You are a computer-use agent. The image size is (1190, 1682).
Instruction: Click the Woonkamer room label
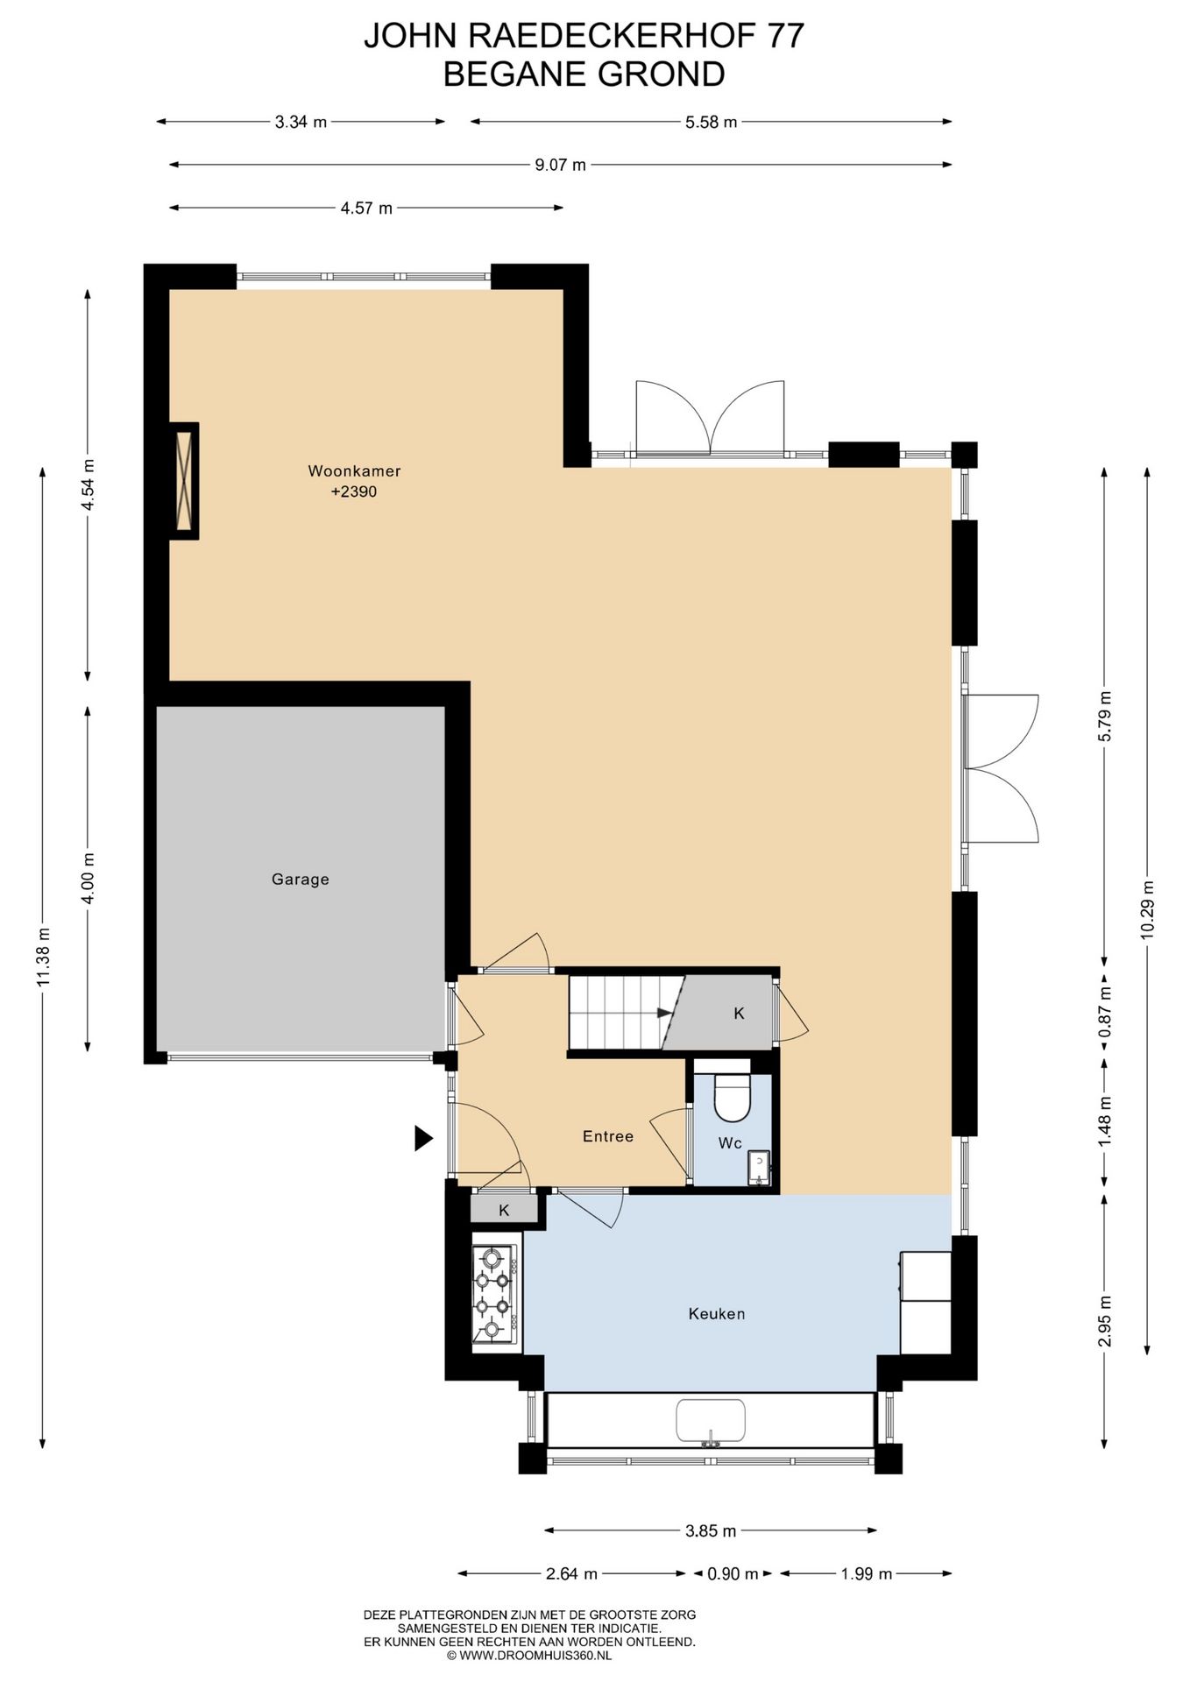(x=354, y=470)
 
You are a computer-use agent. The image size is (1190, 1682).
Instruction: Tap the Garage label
(x=301, y=879)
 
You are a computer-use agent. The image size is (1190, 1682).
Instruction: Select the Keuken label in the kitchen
(x=717, y=1313)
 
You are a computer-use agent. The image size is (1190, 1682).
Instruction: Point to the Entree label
(x=608, y=1136)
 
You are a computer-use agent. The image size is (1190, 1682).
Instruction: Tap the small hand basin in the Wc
(x=759, y=1167)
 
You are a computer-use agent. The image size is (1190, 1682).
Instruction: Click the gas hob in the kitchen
(x=494, y=1294)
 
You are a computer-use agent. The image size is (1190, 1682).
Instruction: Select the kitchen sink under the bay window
(x=711, y=1421)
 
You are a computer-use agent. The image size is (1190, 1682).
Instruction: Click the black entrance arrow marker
(x=424, y=1138)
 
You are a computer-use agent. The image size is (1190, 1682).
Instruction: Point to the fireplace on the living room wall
(x=184, y=481)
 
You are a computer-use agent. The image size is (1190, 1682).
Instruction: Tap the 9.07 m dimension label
(x=561, y=165)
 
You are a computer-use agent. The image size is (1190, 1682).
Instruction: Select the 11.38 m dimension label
(x=44, y=957)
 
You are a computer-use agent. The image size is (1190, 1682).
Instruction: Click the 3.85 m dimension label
(x=711, y=1530)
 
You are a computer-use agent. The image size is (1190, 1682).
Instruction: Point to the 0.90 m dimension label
(x=733, y=1573)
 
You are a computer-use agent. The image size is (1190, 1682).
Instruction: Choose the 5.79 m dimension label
(x=1105, y=716)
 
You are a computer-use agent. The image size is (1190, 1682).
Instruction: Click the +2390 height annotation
(x=354, y=491)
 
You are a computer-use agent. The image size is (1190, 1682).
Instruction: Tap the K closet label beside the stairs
(x=739, y=1014)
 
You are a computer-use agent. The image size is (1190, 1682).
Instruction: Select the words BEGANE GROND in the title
(x=584, y=74)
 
